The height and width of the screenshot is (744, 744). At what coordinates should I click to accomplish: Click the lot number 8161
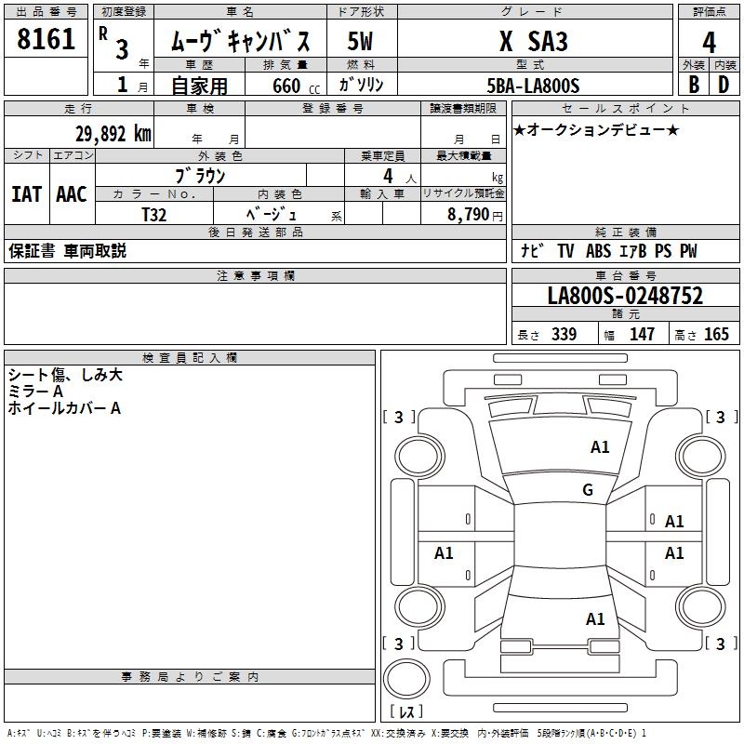coord(46,40)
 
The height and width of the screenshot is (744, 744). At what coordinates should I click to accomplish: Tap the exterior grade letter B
coord(693,85)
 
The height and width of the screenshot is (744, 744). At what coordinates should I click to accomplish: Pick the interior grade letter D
coord(724,85)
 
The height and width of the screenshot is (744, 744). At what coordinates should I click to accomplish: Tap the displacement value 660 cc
coord(287,86)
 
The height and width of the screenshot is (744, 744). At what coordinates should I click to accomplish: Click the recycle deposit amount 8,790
coord(469,214)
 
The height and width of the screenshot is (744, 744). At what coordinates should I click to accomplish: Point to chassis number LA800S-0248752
coord(625,297)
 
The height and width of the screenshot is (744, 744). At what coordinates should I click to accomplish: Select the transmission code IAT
coord(26,193)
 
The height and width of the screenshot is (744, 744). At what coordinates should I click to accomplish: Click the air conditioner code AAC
coord(71,193)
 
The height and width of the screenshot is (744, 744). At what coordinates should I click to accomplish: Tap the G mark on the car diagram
coord(588,490)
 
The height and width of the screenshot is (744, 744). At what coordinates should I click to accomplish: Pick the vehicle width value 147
coord(642,335)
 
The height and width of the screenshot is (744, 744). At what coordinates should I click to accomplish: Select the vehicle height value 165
coord(716,335)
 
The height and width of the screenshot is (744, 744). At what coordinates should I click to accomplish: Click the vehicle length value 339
coord(564,335)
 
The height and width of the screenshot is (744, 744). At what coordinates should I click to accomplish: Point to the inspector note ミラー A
coord(35,392)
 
